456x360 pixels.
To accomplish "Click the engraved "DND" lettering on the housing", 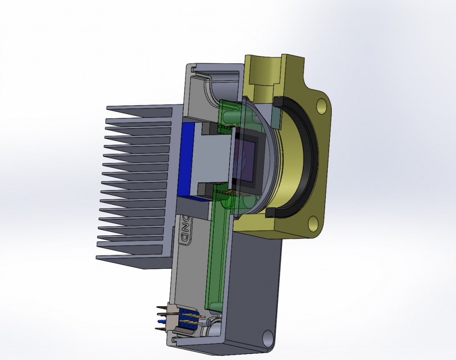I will (x=183, y=231).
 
